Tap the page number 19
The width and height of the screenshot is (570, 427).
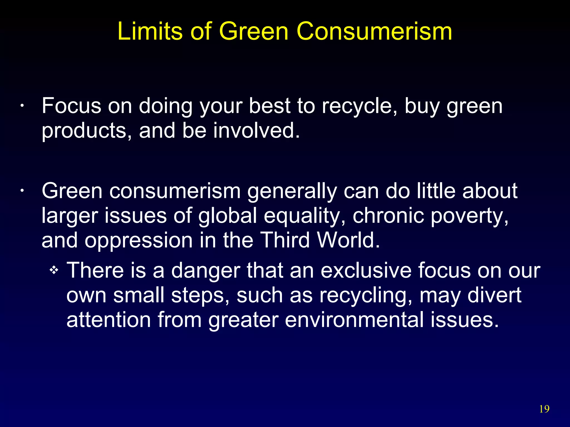pyautogui.click(x=544, y=409)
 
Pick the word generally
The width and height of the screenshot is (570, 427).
pyautogui.click(x=292, y=191)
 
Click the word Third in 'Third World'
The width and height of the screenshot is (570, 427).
pyautogui.click(x=286, y=240)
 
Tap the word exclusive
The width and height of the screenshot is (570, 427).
pyautogui.click(x=366, y=270)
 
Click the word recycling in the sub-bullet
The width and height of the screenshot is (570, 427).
pyautogui.click(x=366, y=295)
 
